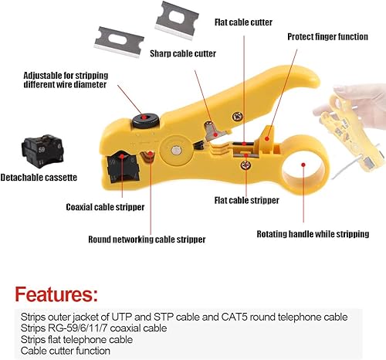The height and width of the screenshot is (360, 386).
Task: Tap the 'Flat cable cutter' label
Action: (x=243, y=22)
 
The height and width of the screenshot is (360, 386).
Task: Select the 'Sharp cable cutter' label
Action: (x=183, y=53)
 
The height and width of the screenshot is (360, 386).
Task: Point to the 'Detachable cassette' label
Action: (x=39, y=178)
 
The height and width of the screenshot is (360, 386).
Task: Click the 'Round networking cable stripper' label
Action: (x=147, y=239)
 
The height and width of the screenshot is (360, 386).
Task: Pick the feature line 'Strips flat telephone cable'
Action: (x=76, y=338)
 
